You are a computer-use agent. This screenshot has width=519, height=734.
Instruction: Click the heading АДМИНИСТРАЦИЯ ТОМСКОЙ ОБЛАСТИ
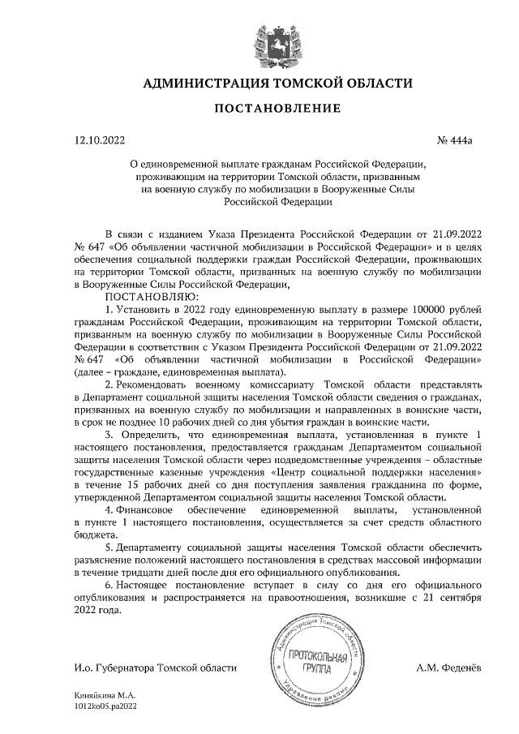(x=277, y=84)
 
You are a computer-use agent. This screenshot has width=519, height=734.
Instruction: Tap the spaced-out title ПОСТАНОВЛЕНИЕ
(x=277, y=109)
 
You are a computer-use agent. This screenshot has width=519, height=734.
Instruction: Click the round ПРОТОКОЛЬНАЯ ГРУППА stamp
(x=311, y=660)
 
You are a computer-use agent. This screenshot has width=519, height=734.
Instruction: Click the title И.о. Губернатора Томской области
(x=155, y=669)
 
